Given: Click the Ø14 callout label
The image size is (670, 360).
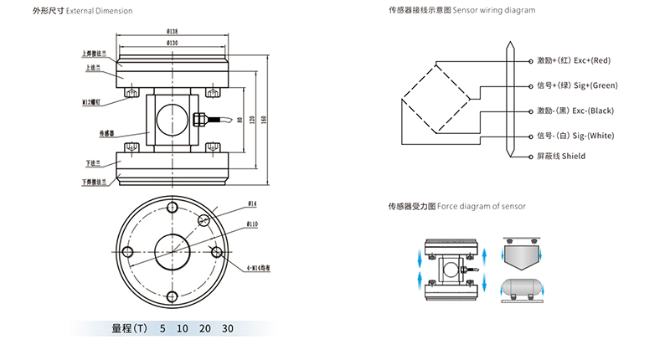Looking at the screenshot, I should point(252,203).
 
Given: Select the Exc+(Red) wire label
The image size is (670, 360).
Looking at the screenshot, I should point(590,60).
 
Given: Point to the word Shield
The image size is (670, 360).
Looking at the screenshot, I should point(574,157).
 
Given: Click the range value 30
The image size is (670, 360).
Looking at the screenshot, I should point(228,328).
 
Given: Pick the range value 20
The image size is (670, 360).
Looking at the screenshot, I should point(205,328).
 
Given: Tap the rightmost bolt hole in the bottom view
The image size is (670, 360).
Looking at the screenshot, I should point(217,252).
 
